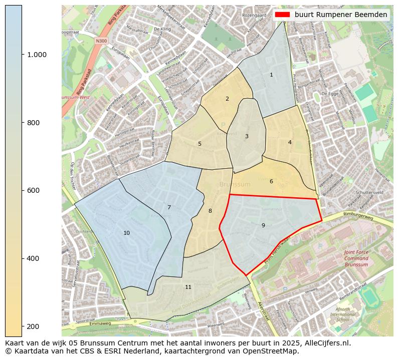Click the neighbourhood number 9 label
click(263, 225)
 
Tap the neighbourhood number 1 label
click(271, 75)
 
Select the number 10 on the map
click(126, 233)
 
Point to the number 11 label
click(188, 287)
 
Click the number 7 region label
click(169, 207)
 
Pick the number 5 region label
click(200, 144)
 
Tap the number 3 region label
click(247, 136)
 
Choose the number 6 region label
click(271, 181)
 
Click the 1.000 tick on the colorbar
click(37, 55)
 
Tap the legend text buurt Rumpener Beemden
click(340, 15)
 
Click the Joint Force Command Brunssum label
click(356, 258)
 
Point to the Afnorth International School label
click(343, 314)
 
